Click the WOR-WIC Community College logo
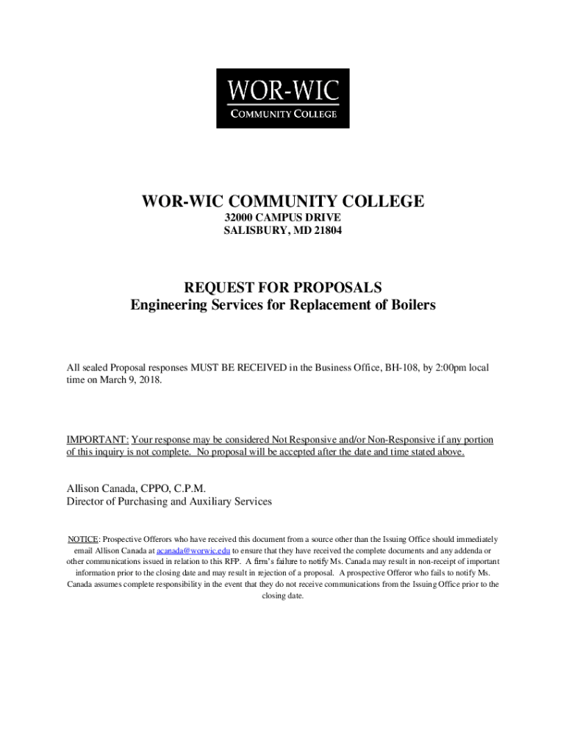coord(282,99)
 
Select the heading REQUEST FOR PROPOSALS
coord(283,287)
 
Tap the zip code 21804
coord(326,231)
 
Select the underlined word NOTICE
coord(83,539)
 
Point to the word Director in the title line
coord(87,502)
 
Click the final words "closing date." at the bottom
coord(283,596)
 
